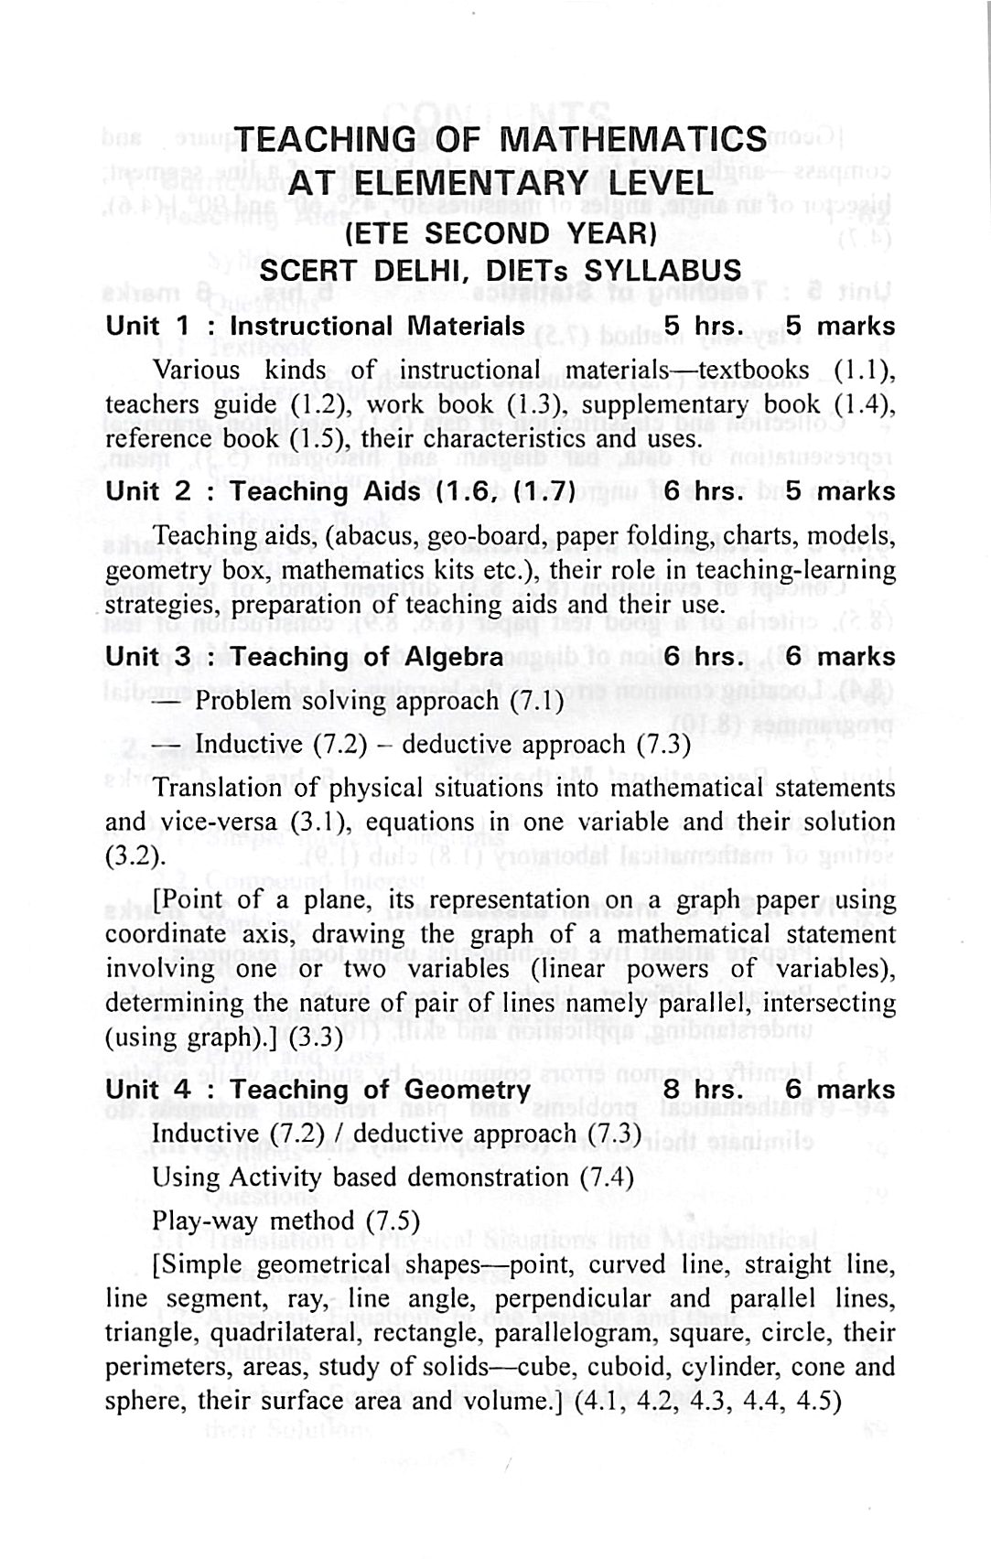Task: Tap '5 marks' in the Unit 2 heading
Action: (840, 491)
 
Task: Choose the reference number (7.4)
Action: (607, 1177)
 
